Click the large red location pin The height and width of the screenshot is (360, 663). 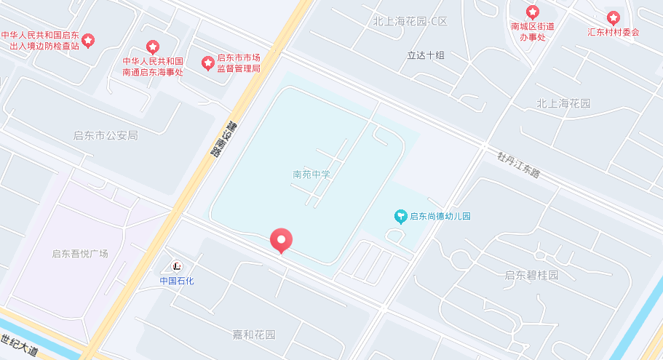(x=281, y=240)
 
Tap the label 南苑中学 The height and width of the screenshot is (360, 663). (x=311, y=175)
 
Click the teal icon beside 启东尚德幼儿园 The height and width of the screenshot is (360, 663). (x=400, y=216)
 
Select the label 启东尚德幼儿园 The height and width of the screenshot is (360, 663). (x=440, y=216)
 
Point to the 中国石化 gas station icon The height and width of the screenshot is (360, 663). (x=177, y=266)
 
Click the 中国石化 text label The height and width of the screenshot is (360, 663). (x=177, y=281)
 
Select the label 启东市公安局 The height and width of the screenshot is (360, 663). (x=106, y=135)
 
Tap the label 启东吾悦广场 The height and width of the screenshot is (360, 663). (x=80, y=254)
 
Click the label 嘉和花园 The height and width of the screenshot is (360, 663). (x=254, y=335)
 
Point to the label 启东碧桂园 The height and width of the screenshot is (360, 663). (x=531, y=275)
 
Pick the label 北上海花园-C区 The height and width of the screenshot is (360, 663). (x=409, y=22)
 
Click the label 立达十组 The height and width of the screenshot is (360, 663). (x=426, y=55)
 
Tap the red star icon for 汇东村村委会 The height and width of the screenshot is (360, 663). (x=614, y=17)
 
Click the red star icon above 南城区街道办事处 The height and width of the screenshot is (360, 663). (x=533, y=12)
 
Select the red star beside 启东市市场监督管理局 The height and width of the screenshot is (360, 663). (x=207, y=63)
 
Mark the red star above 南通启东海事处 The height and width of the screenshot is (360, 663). (x=152, y=47)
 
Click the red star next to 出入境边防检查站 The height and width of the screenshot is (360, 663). (x=88, y=40)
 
